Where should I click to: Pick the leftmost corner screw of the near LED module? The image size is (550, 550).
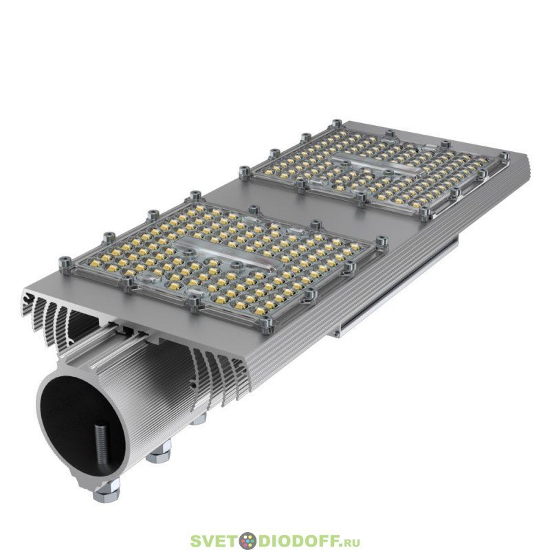(x=65, y=263)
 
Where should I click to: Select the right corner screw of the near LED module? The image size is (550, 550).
(x=382, y=243)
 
